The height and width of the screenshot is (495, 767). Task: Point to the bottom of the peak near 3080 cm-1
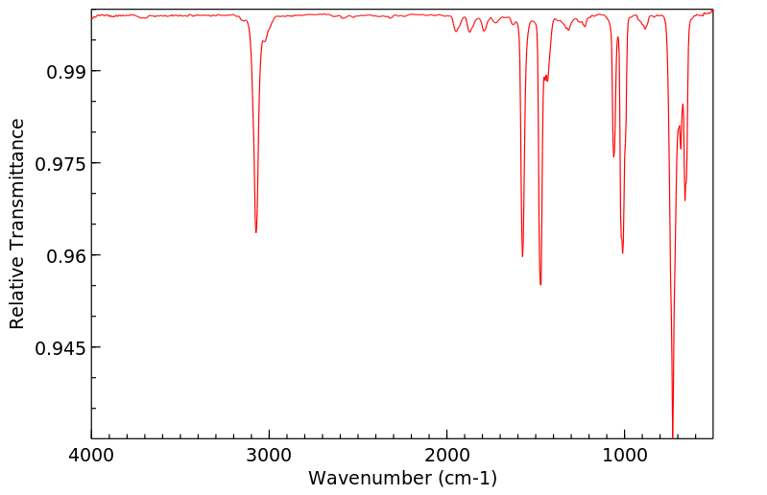[255, 232]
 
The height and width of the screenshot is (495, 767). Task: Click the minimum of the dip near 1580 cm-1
[522, 256]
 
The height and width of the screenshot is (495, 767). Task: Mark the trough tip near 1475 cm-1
[540, 285]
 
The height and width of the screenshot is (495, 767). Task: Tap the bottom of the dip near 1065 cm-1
[613, 156]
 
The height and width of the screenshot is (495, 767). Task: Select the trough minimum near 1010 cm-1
[623, 253]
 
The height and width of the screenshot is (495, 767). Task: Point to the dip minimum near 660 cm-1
[684, 200]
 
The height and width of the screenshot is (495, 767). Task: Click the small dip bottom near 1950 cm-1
[456, 32]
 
